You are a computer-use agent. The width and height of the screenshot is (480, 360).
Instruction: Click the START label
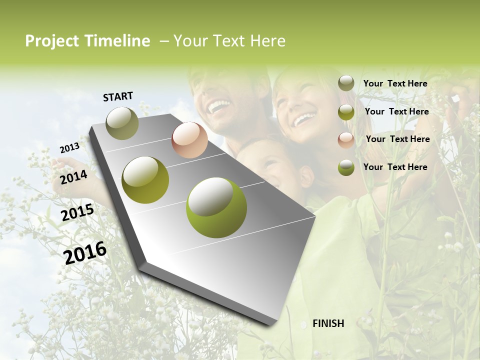pos(118,96)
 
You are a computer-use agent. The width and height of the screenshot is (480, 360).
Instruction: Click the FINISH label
pos(328,323)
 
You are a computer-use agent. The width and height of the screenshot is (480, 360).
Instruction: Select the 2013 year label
pos(69,148)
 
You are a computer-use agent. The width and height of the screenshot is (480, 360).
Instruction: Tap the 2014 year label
pos(74,177)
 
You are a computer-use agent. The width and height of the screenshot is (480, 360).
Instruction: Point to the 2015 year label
pos(77,212)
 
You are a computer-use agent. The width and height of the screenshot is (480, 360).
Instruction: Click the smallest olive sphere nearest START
pos(122,123)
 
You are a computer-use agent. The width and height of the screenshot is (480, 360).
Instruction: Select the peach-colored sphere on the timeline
pos(189,140)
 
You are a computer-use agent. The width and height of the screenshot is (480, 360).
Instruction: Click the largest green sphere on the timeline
pos(216,207)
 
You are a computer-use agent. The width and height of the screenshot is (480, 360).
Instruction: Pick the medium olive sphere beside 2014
pos(145,180)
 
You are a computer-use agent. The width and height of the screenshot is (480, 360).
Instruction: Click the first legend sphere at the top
pos(346,83)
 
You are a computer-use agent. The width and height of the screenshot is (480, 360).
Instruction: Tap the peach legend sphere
pos(346,139)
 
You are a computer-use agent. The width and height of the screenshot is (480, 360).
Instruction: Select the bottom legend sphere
pos(346,167)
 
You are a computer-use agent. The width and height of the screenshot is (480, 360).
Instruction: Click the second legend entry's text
pos(397,111)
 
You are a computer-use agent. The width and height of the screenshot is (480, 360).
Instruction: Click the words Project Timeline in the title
pos(87,41)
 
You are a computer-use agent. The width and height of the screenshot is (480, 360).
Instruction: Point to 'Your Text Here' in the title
pos(229,41)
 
